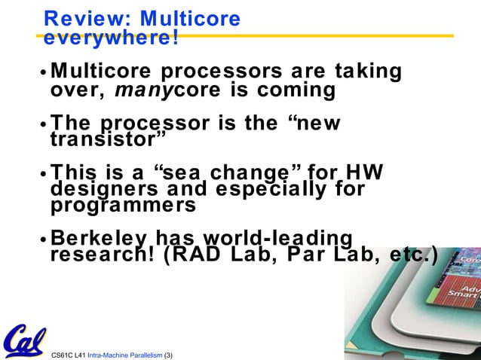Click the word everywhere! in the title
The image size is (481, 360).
pos(111,38)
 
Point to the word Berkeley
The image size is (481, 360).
pos(97,238)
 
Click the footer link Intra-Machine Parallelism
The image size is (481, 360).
pos(125,353)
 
